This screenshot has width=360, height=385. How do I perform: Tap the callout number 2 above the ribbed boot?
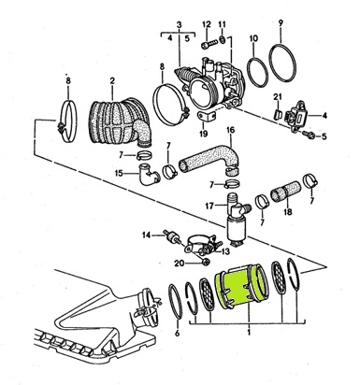(112, 81)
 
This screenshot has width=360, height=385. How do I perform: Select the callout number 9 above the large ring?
(281, 23)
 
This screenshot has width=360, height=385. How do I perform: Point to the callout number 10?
(253, 38)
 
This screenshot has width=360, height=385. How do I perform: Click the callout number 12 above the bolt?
(207, 24)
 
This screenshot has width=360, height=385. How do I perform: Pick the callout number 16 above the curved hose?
(230, 130)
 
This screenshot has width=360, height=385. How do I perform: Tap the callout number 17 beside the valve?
(209, 206)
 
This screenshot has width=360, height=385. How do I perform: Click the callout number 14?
(147, 235)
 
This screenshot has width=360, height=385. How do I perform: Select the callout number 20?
(180, 264)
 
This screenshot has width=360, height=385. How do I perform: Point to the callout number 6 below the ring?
(177, 334)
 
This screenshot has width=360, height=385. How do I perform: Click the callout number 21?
(278, 97)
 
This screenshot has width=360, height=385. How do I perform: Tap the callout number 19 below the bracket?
(203, 134)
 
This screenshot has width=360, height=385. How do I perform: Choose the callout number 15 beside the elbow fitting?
(120, 173)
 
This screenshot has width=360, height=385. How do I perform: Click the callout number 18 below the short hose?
(288, 212)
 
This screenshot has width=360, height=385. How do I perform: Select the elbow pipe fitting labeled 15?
(149, 174)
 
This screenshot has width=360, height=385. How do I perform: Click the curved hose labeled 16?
(209, 159)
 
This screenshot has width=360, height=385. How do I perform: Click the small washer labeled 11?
(223, 39)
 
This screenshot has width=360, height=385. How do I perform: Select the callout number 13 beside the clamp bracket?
(225, 251)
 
